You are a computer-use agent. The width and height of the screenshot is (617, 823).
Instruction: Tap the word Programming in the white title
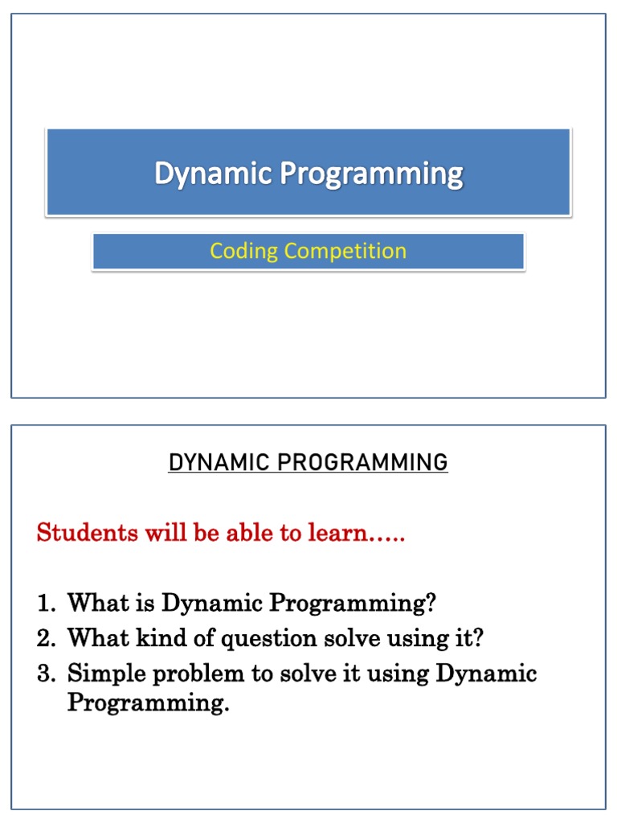point(372,174)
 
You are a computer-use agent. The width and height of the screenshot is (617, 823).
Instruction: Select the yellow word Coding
point(244,252)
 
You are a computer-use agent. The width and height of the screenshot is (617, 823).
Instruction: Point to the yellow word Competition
point(345,251)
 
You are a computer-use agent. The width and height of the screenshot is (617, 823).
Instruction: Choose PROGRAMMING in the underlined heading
point(362,462)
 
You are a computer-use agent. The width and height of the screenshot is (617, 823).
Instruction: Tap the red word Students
point(87,532)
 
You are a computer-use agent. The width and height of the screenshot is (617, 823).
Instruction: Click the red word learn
point(337,532)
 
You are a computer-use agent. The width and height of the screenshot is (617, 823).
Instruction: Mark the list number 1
point(46,603)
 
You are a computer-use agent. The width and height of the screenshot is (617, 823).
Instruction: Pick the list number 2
point(46,638)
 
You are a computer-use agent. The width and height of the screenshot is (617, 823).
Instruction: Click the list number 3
point(46,674)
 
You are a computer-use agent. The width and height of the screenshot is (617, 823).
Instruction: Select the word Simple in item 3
point(107,674)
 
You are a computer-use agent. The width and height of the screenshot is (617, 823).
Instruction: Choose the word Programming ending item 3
point(149,703)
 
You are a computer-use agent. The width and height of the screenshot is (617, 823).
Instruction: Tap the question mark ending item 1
point(431,602)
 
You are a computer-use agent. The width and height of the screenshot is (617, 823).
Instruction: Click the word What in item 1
point(98,602)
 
